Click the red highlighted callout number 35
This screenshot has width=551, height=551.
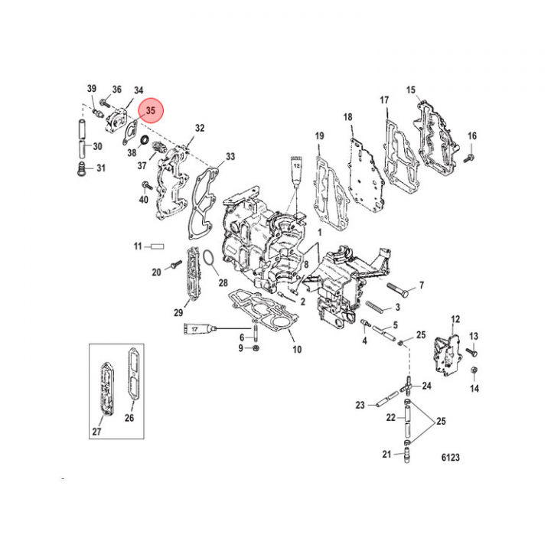click(151, 110)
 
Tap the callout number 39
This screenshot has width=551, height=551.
click(92, 88)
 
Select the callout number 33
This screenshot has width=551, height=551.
click(230, 156)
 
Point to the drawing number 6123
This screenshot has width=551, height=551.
click(451, 457)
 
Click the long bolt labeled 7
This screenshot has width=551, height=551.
click(398, 290)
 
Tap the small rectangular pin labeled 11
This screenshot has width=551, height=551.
click(158, 246)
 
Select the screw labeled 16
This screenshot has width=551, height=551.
click(469, 158)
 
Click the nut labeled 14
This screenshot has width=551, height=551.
click(474, 370)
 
